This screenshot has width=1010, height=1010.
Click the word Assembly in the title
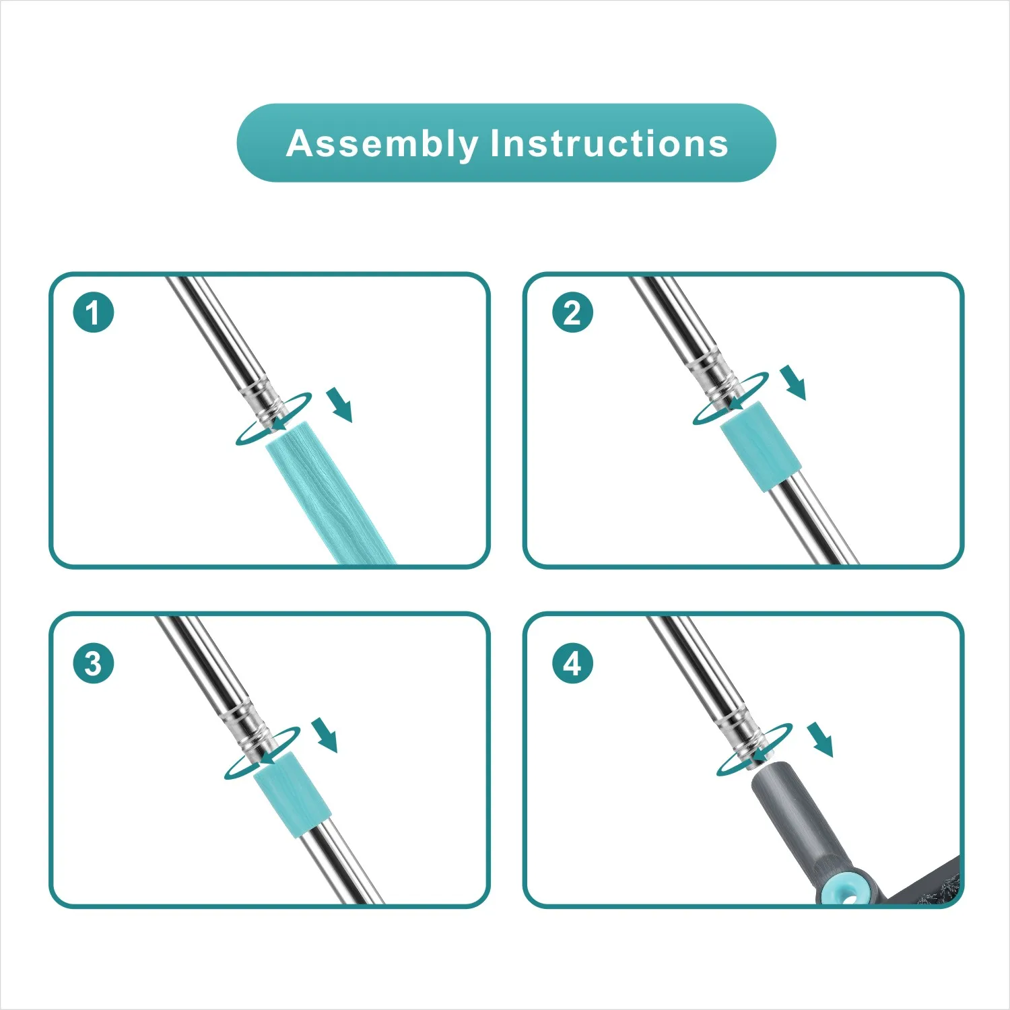pos(382,144)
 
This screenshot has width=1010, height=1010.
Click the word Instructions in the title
pos(609,143)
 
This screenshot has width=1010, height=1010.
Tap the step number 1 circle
pos(94,312)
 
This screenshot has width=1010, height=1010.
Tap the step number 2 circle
pos(572,312)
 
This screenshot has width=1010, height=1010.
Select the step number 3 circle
pos(94,663)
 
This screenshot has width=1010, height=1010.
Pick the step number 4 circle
pos(572,663)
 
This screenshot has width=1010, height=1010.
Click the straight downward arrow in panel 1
pos(340,405)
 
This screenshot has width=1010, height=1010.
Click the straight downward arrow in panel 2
pos(793,382)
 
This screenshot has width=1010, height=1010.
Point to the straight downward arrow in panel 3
pos(325,735)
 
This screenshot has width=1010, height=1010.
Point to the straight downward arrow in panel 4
pos(821,739)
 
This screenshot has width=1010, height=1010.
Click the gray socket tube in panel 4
pos(801,825)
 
